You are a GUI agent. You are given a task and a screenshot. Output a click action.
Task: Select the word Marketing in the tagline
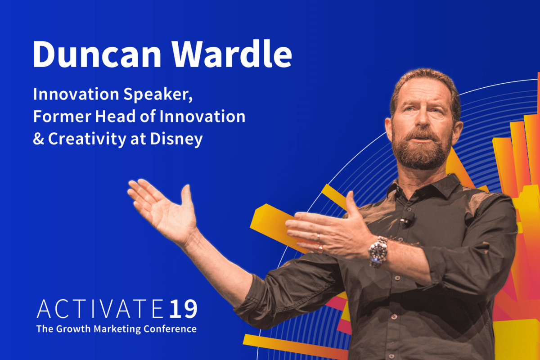tap(117, 329)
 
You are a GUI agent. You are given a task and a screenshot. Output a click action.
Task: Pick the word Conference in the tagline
tap(170, 329)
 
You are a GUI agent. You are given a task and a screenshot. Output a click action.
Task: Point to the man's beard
tap(421, 151)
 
